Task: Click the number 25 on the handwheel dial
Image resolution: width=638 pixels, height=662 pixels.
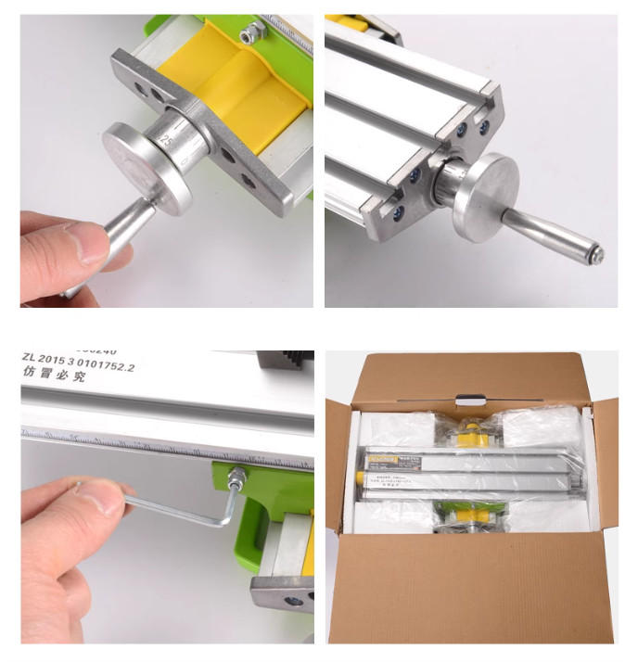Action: pos(167,140)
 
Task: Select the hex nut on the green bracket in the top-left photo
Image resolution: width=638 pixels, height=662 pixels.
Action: pos(247,36)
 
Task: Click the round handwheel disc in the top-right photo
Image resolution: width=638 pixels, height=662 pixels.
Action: pos(488,197)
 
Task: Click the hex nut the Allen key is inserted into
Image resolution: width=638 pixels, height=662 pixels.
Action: pos(237,479)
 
